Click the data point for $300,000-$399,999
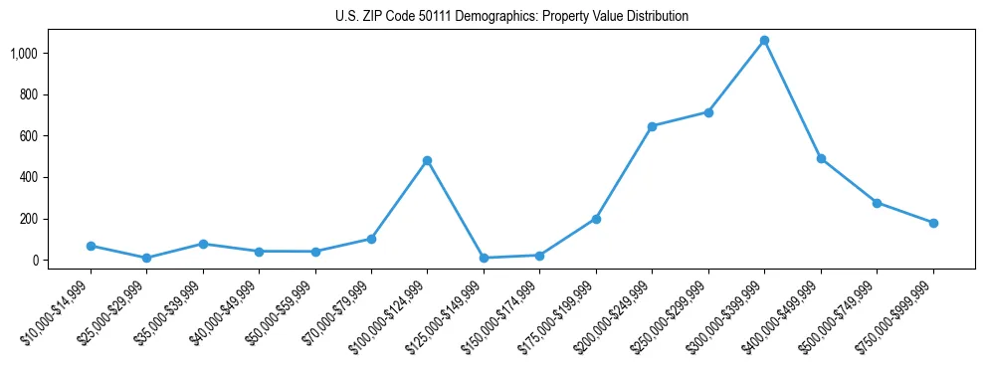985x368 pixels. point(764,41)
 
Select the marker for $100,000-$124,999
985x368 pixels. point(427,160)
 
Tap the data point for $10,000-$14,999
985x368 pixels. point(91,246)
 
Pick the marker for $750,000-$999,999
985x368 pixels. point(933,223)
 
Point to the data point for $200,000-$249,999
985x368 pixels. point(652,126)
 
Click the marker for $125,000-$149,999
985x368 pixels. point(484,258)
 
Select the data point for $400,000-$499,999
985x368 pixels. point(821,158)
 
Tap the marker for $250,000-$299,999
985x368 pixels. point(708,112)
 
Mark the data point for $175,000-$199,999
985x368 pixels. point(596,219)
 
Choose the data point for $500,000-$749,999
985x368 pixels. point(877,203)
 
